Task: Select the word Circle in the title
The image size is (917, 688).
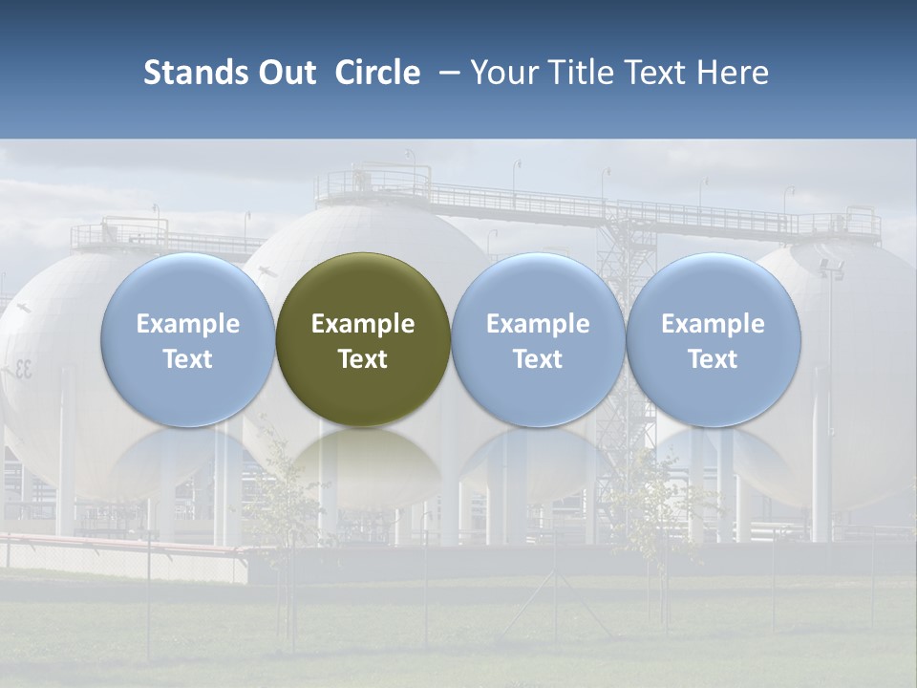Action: [377, 73]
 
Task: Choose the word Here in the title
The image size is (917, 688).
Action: [733, 73]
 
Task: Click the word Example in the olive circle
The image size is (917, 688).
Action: [363, 324]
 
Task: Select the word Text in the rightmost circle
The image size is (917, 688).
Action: [713, 359]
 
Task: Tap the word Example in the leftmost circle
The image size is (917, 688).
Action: [187, 324]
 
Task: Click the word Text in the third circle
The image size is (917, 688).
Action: [538, 359]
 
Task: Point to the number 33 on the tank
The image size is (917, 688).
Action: [21, 369]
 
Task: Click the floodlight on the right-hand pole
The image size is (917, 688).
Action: [829, 269]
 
